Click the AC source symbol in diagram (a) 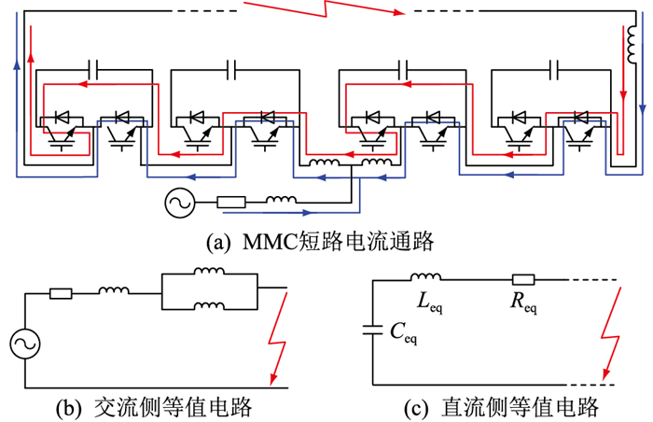(x=178, y=202)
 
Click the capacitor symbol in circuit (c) (x=375, y=329)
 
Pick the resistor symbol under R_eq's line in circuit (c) (x=522, y=279)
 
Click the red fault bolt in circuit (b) (x=279, y=341)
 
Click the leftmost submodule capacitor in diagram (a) (x=94, y=69)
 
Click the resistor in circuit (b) (x=62, y=293)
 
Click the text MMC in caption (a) (x=264, y=242)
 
